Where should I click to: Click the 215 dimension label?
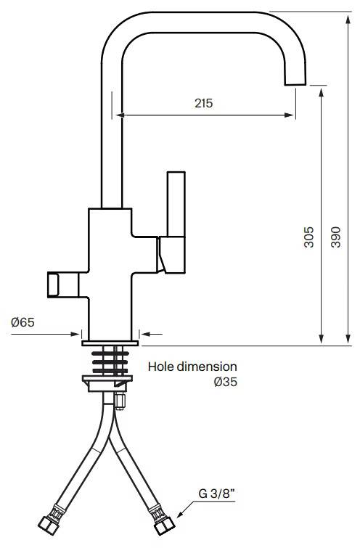tap(203, 103)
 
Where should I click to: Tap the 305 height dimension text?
tap(308, 237)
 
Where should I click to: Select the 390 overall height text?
tap(335, 237)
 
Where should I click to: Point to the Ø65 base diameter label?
tap(22, 322)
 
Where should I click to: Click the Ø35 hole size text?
tap(226, 382)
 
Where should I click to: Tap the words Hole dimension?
tap(192, 367)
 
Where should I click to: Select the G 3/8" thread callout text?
tap(216, 494)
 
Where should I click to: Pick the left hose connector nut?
tap(48, 525)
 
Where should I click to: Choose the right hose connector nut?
tap(164, 525)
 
